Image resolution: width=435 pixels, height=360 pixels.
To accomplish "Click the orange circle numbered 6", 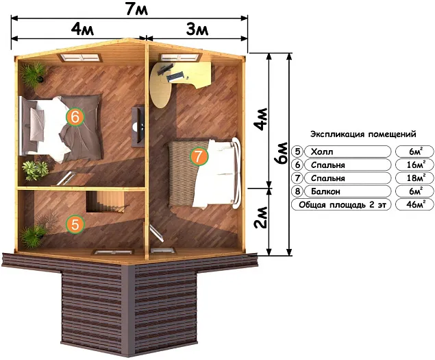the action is pyautogui.click(x=75, y=117).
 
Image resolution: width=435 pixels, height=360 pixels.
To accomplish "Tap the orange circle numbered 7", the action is pyautogui.click(x=199, y=156).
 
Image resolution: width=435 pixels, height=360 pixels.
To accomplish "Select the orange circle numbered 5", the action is pyautogui.click(x=75, y=224).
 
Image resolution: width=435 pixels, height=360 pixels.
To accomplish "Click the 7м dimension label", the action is pyautogui.click(x=137, y=9).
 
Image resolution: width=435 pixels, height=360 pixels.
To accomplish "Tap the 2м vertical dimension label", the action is pyautogui.click(x=260, y=217).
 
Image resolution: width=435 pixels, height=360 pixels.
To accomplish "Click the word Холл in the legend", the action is pyautogui.click(x=322, y=152).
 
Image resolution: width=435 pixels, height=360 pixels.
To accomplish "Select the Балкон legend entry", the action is pyautogui.click(x=325, y=191).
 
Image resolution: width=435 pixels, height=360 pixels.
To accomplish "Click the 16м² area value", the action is pyautogui.click(x=414, y=165).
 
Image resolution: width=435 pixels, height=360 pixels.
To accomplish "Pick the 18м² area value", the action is pyautogui.click(x=414, y=178).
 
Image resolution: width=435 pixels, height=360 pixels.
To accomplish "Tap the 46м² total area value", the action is pyautogui.click(x=414, y=204).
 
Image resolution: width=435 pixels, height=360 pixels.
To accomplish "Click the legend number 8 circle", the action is pyautogui.click(x=297, y=191).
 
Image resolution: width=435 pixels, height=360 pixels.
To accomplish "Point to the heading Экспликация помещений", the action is pyautogui.click(x=363, y=134).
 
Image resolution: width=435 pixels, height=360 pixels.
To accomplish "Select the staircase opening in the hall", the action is pyautogui.click(x=105, y=202).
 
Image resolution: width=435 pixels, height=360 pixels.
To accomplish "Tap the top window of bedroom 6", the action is pyautogui.click(x=80, y=58).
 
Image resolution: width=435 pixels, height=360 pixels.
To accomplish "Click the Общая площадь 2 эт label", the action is pyautogui.click(x=341, y=205).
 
